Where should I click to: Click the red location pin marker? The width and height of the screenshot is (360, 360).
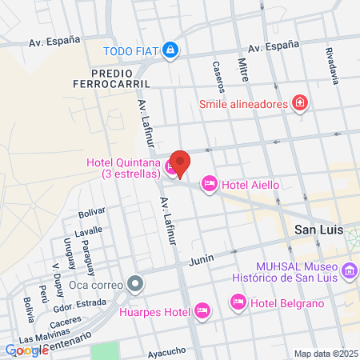[x=180, y=162]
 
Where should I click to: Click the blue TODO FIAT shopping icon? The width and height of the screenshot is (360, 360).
[x=170, y=50]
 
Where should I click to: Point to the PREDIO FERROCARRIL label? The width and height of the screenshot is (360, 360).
[x=122, y=78]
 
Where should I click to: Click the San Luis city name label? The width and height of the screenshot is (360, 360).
[x=308, y=230]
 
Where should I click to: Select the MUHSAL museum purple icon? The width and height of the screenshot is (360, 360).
[x=349, y=272]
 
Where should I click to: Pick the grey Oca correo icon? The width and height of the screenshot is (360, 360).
[x=136, y=283]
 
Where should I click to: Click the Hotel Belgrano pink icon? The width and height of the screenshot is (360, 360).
[x=238, y=302]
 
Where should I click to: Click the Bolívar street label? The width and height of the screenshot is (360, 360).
[x=92, y=212]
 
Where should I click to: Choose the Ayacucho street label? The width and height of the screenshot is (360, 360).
[x=167, y=351]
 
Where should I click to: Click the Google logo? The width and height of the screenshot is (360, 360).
[x=26, y=350]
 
